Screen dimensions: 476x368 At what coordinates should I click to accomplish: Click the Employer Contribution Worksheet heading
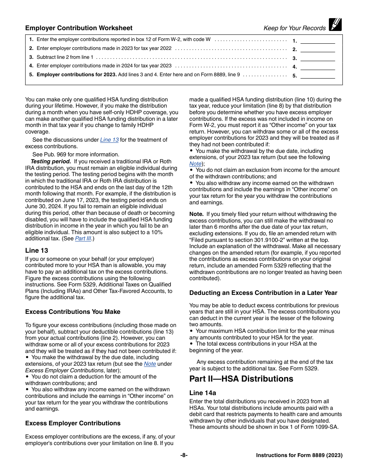79,28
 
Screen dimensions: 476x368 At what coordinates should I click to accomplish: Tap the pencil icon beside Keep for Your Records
335,25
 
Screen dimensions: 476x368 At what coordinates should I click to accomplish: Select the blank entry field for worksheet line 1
318,40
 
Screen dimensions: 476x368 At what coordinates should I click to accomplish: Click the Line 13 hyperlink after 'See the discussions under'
109,140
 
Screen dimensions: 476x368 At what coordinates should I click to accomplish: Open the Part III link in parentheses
83,238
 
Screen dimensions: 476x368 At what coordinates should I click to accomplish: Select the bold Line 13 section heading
37,250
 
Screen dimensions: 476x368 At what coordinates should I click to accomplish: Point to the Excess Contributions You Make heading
73,312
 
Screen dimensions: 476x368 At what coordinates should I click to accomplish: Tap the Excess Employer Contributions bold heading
73,423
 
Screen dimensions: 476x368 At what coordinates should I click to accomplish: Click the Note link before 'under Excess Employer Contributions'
150,364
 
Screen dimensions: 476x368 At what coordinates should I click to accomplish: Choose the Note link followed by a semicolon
196,164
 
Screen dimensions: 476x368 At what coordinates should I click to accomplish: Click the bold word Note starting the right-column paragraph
196,214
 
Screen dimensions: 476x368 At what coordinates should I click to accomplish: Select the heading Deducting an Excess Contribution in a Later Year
263,293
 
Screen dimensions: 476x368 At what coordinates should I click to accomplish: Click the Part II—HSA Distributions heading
241,379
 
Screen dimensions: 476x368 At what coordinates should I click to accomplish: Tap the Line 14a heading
203,393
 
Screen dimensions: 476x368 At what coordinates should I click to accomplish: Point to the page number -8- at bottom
184,455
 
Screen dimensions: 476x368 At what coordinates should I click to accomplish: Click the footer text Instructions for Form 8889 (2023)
299,455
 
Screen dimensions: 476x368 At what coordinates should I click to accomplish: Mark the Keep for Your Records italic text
294,28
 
